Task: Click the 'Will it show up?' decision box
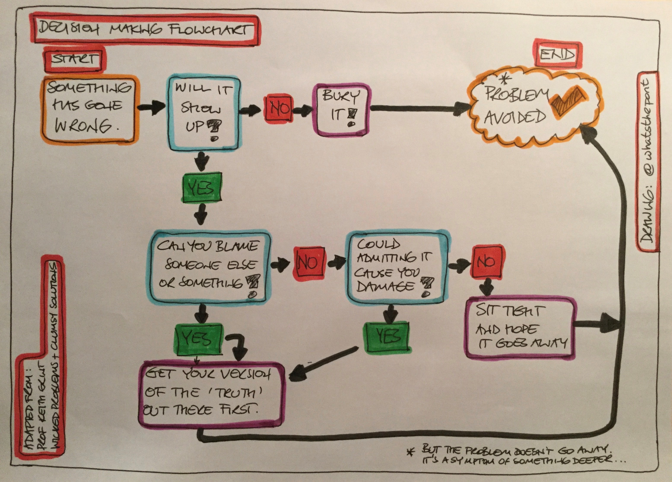point(204,113)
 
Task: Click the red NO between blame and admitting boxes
point(308,262)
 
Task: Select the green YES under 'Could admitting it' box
point(387,337)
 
